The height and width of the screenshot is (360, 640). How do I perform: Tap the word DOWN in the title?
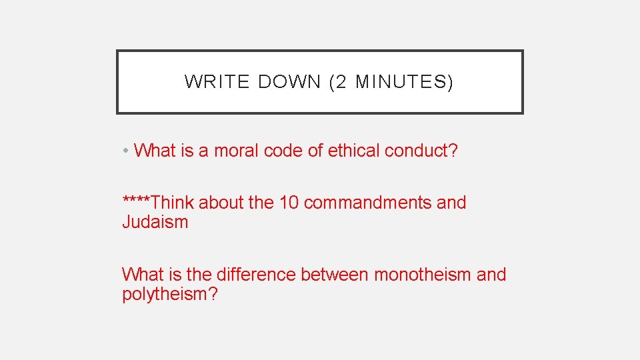pos(289,82)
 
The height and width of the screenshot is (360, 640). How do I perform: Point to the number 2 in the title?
pos(341,82)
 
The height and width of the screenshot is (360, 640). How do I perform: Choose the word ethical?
pos(353,151)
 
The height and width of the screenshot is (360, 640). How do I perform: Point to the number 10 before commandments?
pos(289,203)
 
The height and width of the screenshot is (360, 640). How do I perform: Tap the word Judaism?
pos(155,223)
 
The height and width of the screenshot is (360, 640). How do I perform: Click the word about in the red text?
pos(221,203)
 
